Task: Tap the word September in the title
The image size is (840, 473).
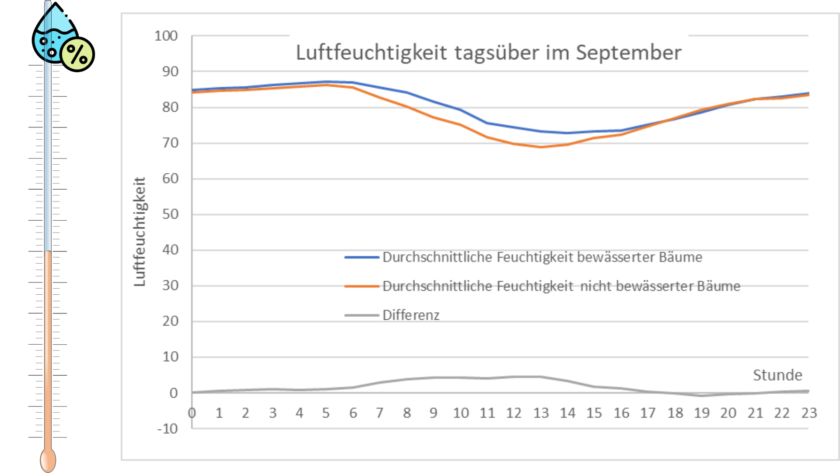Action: [628, 53]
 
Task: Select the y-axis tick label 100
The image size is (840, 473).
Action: [166, 36]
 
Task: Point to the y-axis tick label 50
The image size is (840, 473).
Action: [170, 214]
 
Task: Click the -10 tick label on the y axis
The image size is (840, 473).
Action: [168, 428]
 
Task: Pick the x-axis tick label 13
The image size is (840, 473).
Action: [541, 413]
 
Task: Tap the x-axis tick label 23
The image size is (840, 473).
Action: [809, 413]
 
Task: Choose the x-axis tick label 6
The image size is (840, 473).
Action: [353, 413]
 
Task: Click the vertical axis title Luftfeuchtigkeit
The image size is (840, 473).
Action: [140, 232]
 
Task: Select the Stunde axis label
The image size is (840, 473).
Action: [777, 375]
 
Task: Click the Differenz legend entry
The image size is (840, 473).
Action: [411, 315]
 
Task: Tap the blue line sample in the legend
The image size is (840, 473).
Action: [361, 258]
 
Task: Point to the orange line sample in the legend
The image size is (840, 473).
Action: [361, 286]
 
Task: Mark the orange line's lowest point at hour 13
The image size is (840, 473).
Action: [541, 147]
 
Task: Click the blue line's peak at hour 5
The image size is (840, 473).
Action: [326, 82]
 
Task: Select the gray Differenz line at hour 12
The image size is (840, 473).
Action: [514, 377]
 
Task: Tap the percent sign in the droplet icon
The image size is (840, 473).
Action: [77, 54]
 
